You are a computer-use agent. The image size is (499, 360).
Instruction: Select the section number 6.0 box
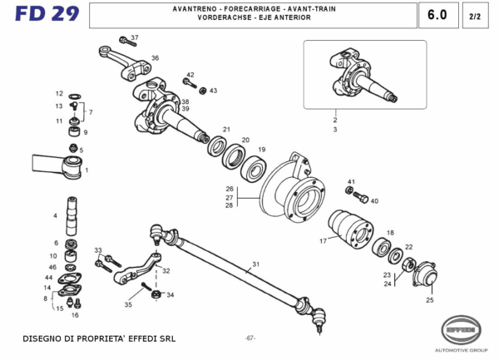point(437,15)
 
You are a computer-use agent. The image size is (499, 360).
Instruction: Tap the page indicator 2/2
point(474,16)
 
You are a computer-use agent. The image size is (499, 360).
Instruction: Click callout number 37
point(135,38)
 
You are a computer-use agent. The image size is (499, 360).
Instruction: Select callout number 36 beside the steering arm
point(155,58)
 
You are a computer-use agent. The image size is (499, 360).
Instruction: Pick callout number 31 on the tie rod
point(256,264)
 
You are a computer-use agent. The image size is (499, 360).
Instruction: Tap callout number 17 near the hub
point(324,241)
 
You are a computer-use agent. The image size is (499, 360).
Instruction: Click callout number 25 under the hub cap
point(430,300)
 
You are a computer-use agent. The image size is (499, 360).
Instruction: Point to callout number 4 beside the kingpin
point(55,216)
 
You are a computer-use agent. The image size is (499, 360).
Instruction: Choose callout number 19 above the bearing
point(261,150)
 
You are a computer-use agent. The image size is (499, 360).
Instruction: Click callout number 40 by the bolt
point(374,201)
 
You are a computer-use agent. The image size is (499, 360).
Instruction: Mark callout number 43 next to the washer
point(213,91)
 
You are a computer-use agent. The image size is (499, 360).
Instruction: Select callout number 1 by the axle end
point(86,170)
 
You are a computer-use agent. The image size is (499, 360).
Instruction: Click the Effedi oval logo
point(462,328)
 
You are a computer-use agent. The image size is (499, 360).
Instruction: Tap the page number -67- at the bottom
point(249,338)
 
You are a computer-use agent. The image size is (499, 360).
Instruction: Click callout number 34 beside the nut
point(170,294)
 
